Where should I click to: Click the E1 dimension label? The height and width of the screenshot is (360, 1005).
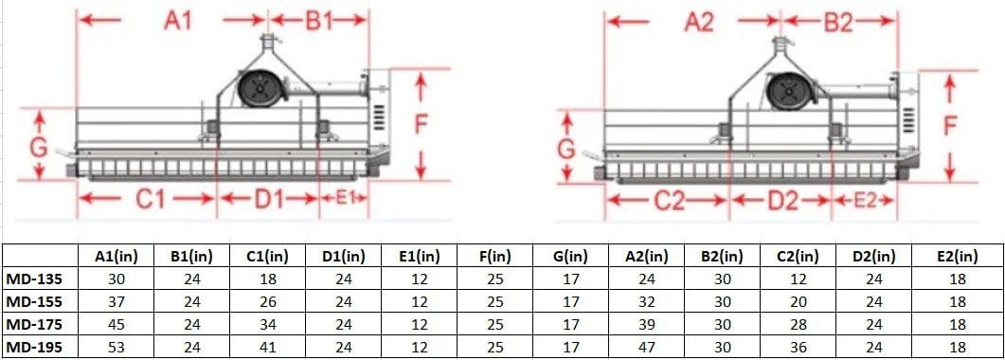point(345,197)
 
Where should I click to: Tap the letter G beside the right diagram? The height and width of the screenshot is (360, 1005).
point(565,149)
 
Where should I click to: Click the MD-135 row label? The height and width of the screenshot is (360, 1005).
point(35,279)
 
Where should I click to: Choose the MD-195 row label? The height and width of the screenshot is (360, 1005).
point(35,347)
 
